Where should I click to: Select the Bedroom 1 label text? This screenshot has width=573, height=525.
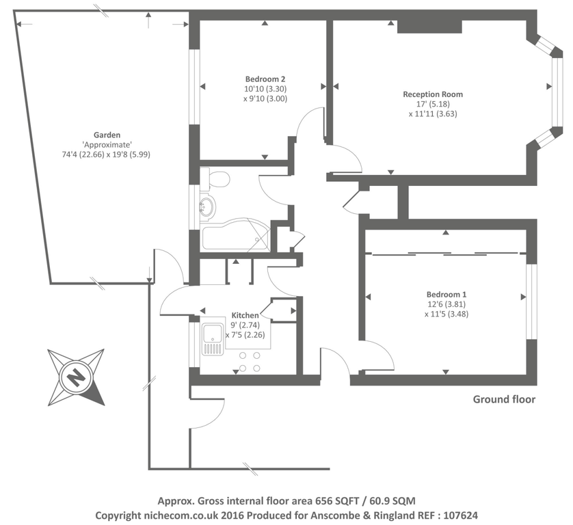(446, 294)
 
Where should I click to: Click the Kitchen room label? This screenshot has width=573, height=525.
(245, 315)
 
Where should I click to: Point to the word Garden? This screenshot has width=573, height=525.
(106, 134)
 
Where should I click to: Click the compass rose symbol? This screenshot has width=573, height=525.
(76, 377)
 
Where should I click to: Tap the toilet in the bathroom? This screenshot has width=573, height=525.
(217, 180)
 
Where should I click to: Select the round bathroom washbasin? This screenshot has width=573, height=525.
(208, 206)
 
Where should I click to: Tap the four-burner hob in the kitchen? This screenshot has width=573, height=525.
(250, 362)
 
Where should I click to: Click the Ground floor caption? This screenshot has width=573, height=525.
(504, 399)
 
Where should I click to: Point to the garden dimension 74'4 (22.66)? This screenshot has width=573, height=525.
(85, 154)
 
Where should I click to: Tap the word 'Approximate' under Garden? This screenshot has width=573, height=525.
(106, 144)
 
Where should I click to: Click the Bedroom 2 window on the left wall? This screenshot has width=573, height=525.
(194, 87)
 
